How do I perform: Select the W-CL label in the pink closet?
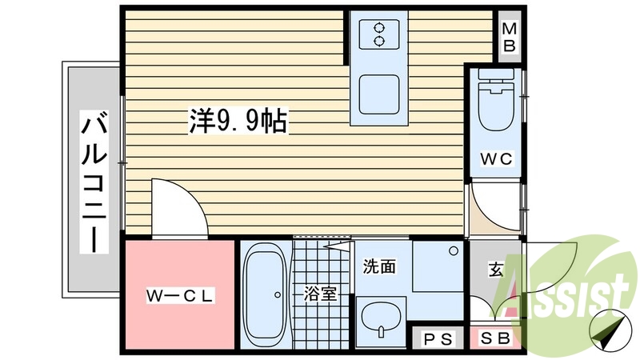pyautogui.click(x=180, y=295)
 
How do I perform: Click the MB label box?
pyautogui.click(x=509, y=37)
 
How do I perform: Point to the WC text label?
pyautogui.click(x=496, y=158)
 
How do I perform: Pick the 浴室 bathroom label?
pyautogui.click(x=319, y=294)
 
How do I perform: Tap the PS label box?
pyautogui.click(x=437, y=338)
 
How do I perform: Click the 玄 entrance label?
pyautogui.click(x=495, y=269)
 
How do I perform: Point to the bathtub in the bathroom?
pyautogui.click(x=265, y=294)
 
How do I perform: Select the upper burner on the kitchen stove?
pyautogui.click(x=379, y=28)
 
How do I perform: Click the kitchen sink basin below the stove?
pyautogui.click(x=378, y=94)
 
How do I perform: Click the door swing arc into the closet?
pyautogui.click(x=179, y=207)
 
